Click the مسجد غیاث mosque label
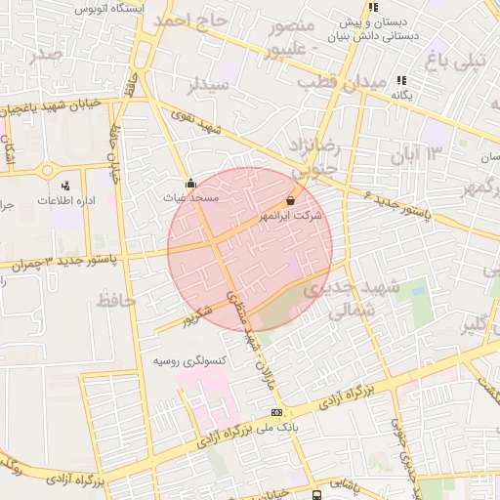[x=189, y=197]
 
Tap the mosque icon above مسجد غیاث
[x=189, y=183]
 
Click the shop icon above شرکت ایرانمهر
[x=290, y=200]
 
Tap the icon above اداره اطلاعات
[x=65, y=185]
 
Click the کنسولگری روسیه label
[x=189, y=360]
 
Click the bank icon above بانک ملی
[x=276, y=412]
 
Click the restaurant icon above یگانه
[x=400, y=81]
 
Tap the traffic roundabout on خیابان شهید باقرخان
[x=47, y=170]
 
